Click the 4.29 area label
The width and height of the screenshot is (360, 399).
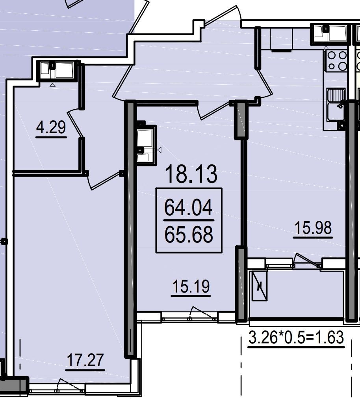click(x=51, y=127)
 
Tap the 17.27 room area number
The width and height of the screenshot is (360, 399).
click(x=85, y=360)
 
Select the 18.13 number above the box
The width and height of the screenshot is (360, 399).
click(x=191, y=174)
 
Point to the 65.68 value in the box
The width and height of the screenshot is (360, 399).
click(x=189, y=235)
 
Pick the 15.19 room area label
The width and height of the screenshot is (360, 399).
click(x=191, y=286)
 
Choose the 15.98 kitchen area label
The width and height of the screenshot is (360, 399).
click(x=313, y=227)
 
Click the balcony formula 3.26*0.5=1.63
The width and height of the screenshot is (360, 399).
click(x=296, y=337)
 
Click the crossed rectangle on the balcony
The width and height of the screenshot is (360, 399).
click(x=259, y=286)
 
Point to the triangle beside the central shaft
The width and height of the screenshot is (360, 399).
click(x=160, y=150)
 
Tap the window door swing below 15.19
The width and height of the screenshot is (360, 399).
click(x=202, y=313)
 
